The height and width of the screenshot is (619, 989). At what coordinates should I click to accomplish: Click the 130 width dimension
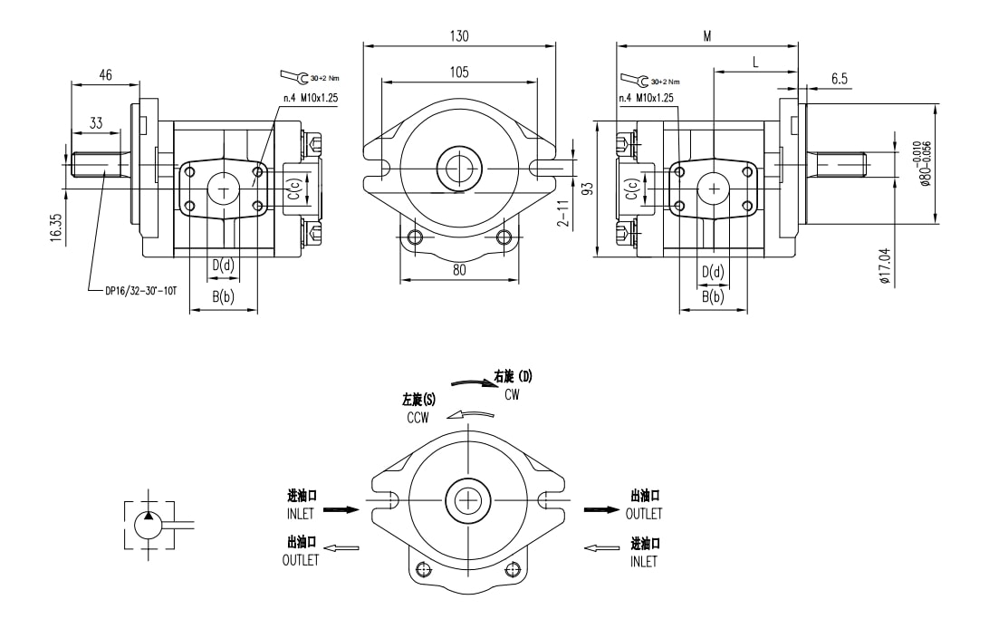coord(459,36)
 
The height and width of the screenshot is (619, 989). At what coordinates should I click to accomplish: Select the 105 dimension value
coord(459,72)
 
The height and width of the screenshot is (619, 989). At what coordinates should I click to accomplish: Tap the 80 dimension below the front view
coord(459,269)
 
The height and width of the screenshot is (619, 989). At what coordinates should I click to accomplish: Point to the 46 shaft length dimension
coord(105,76)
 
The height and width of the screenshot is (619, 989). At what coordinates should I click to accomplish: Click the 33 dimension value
coord(95,122)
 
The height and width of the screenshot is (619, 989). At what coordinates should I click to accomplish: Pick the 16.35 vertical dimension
coord(56,227)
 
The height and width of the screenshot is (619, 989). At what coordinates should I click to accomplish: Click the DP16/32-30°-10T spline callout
coord(140,291)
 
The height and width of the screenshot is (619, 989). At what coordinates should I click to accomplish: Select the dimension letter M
coord(706,36)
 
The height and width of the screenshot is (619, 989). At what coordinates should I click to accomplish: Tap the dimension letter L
coord(755,62)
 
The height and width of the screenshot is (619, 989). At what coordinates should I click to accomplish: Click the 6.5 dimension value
coord(840,79)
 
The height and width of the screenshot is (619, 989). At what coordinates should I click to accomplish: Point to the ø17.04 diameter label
coord(884,266)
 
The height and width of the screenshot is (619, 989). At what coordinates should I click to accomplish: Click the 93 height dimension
coord(587,189)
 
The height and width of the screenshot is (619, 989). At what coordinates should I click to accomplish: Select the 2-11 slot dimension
coord(564,214)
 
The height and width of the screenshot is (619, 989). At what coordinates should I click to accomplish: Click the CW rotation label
coord(512,394)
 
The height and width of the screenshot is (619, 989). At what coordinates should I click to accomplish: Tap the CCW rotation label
coord(418,418)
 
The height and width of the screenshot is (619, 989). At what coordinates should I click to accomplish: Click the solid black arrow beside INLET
coord(341,509)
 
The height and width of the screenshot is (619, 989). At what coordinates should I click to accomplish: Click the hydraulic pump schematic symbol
coord(149,523)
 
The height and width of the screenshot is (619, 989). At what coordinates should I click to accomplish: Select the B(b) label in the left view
coord(223,296)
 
